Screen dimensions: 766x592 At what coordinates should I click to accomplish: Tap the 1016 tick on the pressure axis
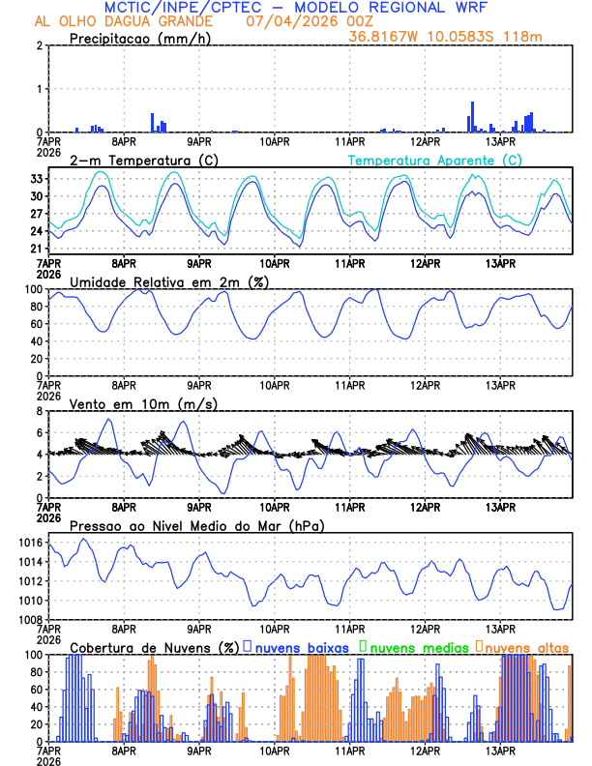30,543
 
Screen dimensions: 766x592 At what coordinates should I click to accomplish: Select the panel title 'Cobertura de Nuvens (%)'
155,646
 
